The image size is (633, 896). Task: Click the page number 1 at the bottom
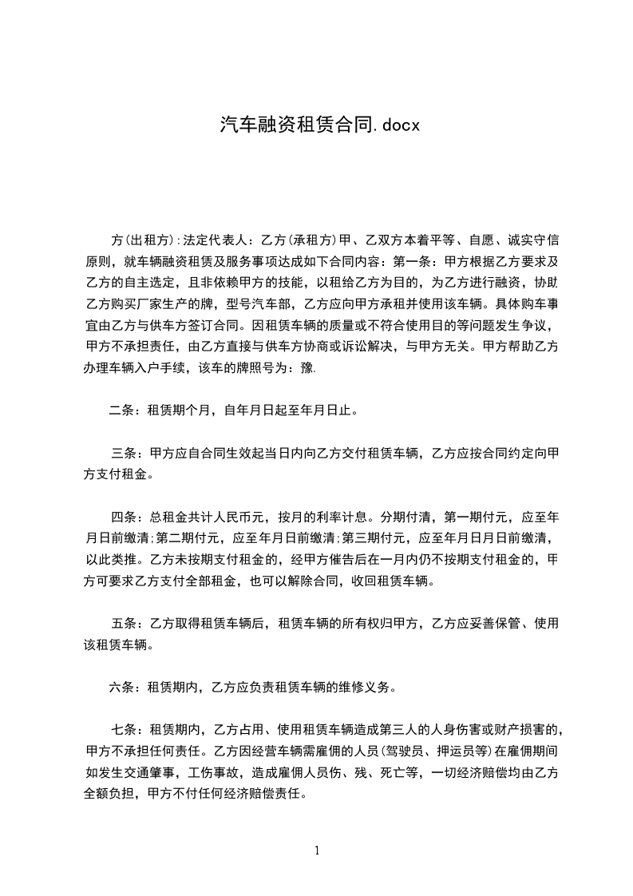[317, 850]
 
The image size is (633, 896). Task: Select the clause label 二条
[122, 412]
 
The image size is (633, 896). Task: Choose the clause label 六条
[122, 685]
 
